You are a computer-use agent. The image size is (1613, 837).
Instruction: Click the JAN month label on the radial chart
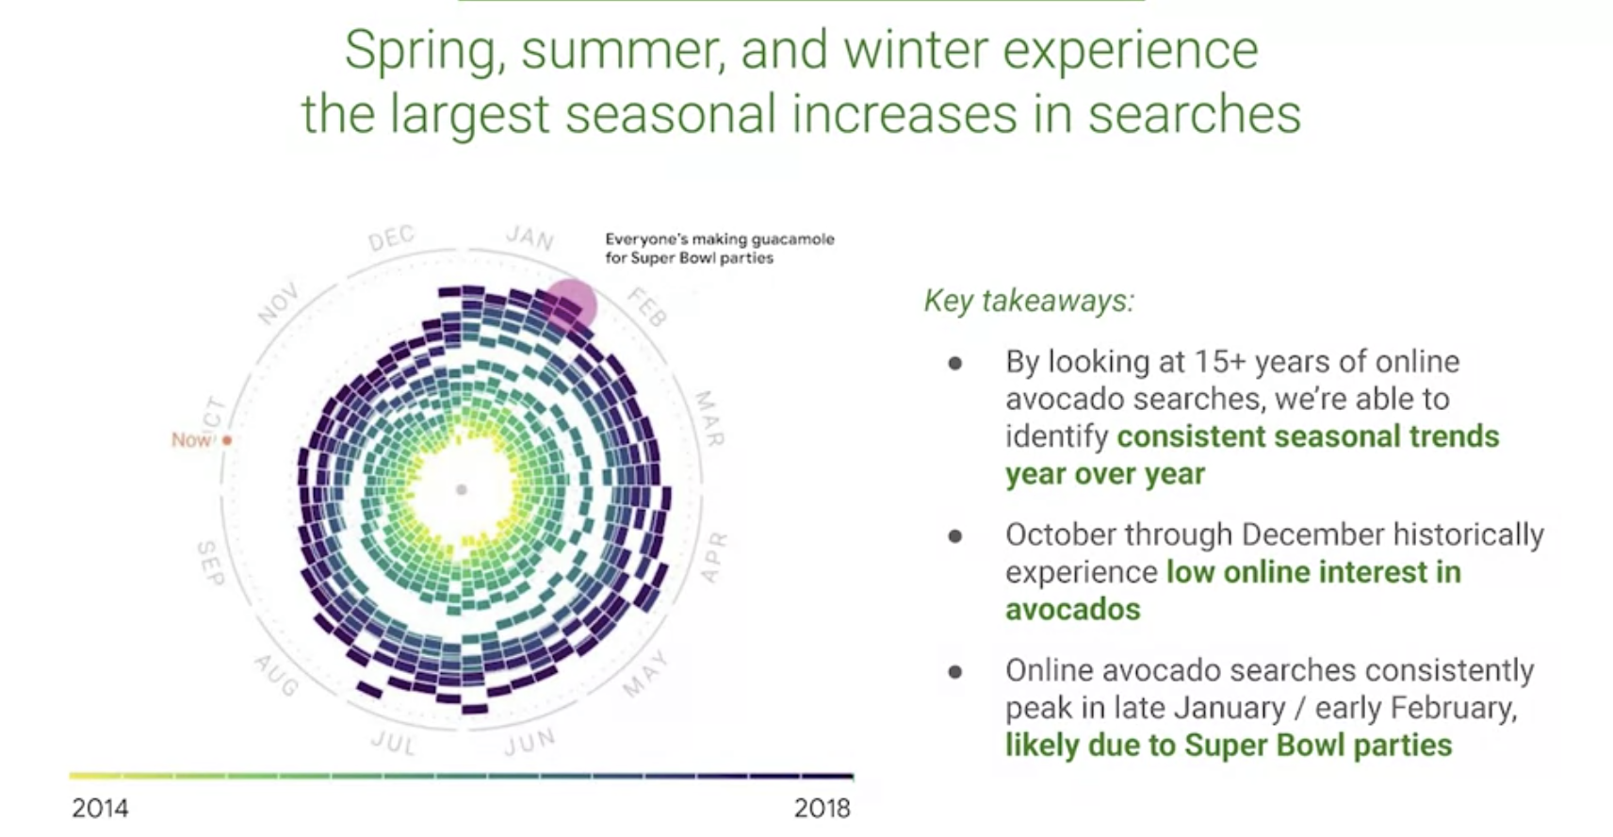point(530,237)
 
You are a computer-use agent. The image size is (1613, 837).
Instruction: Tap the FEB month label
point(648,307)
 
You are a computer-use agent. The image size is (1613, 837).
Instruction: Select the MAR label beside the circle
point(709,418)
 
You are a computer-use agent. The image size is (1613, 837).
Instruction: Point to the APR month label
point(713,557)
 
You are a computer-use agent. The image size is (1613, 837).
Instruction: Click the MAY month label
point(646,674)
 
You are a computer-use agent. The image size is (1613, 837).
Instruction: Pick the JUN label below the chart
point(530,742)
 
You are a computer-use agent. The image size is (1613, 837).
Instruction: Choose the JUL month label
point(393,743)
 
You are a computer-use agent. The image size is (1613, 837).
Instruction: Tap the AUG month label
point(276,676)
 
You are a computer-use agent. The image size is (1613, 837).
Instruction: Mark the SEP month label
point(211,564)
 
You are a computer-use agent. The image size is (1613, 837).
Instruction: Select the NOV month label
point(278,304)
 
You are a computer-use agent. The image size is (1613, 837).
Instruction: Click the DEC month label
point(392,238)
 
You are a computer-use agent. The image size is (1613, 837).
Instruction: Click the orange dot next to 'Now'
point(227,440)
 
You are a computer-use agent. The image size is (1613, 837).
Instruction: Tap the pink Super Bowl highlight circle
point(570,304)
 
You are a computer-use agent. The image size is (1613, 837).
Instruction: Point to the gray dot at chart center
point(462,490)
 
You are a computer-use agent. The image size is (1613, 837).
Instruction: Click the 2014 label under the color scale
point(100,808)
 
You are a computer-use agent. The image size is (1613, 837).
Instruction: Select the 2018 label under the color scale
point(823,808)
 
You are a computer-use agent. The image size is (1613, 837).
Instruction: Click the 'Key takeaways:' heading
point(1029,301)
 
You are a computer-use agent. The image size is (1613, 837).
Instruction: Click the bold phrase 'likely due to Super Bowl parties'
point(1229,746)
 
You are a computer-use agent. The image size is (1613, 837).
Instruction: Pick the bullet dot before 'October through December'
point(955,536)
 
